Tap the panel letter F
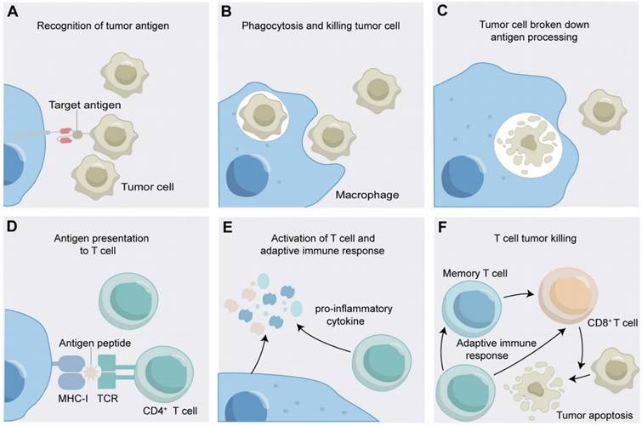pos(440,228)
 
